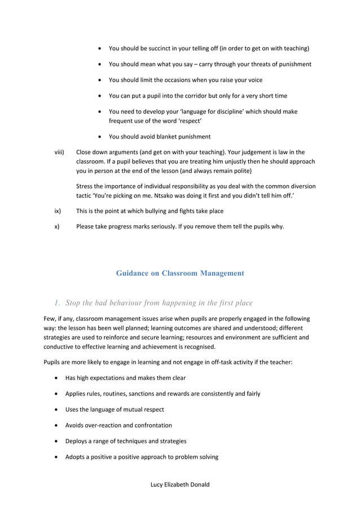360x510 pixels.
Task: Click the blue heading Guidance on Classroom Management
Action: click(x=180, y=273)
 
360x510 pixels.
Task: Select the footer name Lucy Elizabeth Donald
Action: click(x=180, y=485)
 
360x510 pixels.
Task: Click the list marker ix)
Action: click(x=57, y=211)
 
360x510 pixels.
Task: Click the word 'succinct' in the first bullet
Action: click(x=161, y=49)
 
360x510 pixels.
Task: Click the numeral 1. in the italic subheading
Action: click(x=58, y=303)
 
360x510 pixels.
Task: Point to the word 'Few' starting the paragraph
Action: click(x=50, y=319)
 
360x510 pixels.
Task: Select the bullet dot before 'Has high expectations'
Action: click(x=57, y=378)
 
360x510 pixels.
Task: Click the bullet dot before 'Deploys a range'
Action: click(x=57, y=441)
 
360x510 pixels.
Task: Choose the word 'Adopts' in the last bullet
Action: click(x=76, y=457)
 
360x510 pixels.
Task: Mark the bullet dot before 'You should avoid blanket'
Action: click(x=100, y=137)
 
